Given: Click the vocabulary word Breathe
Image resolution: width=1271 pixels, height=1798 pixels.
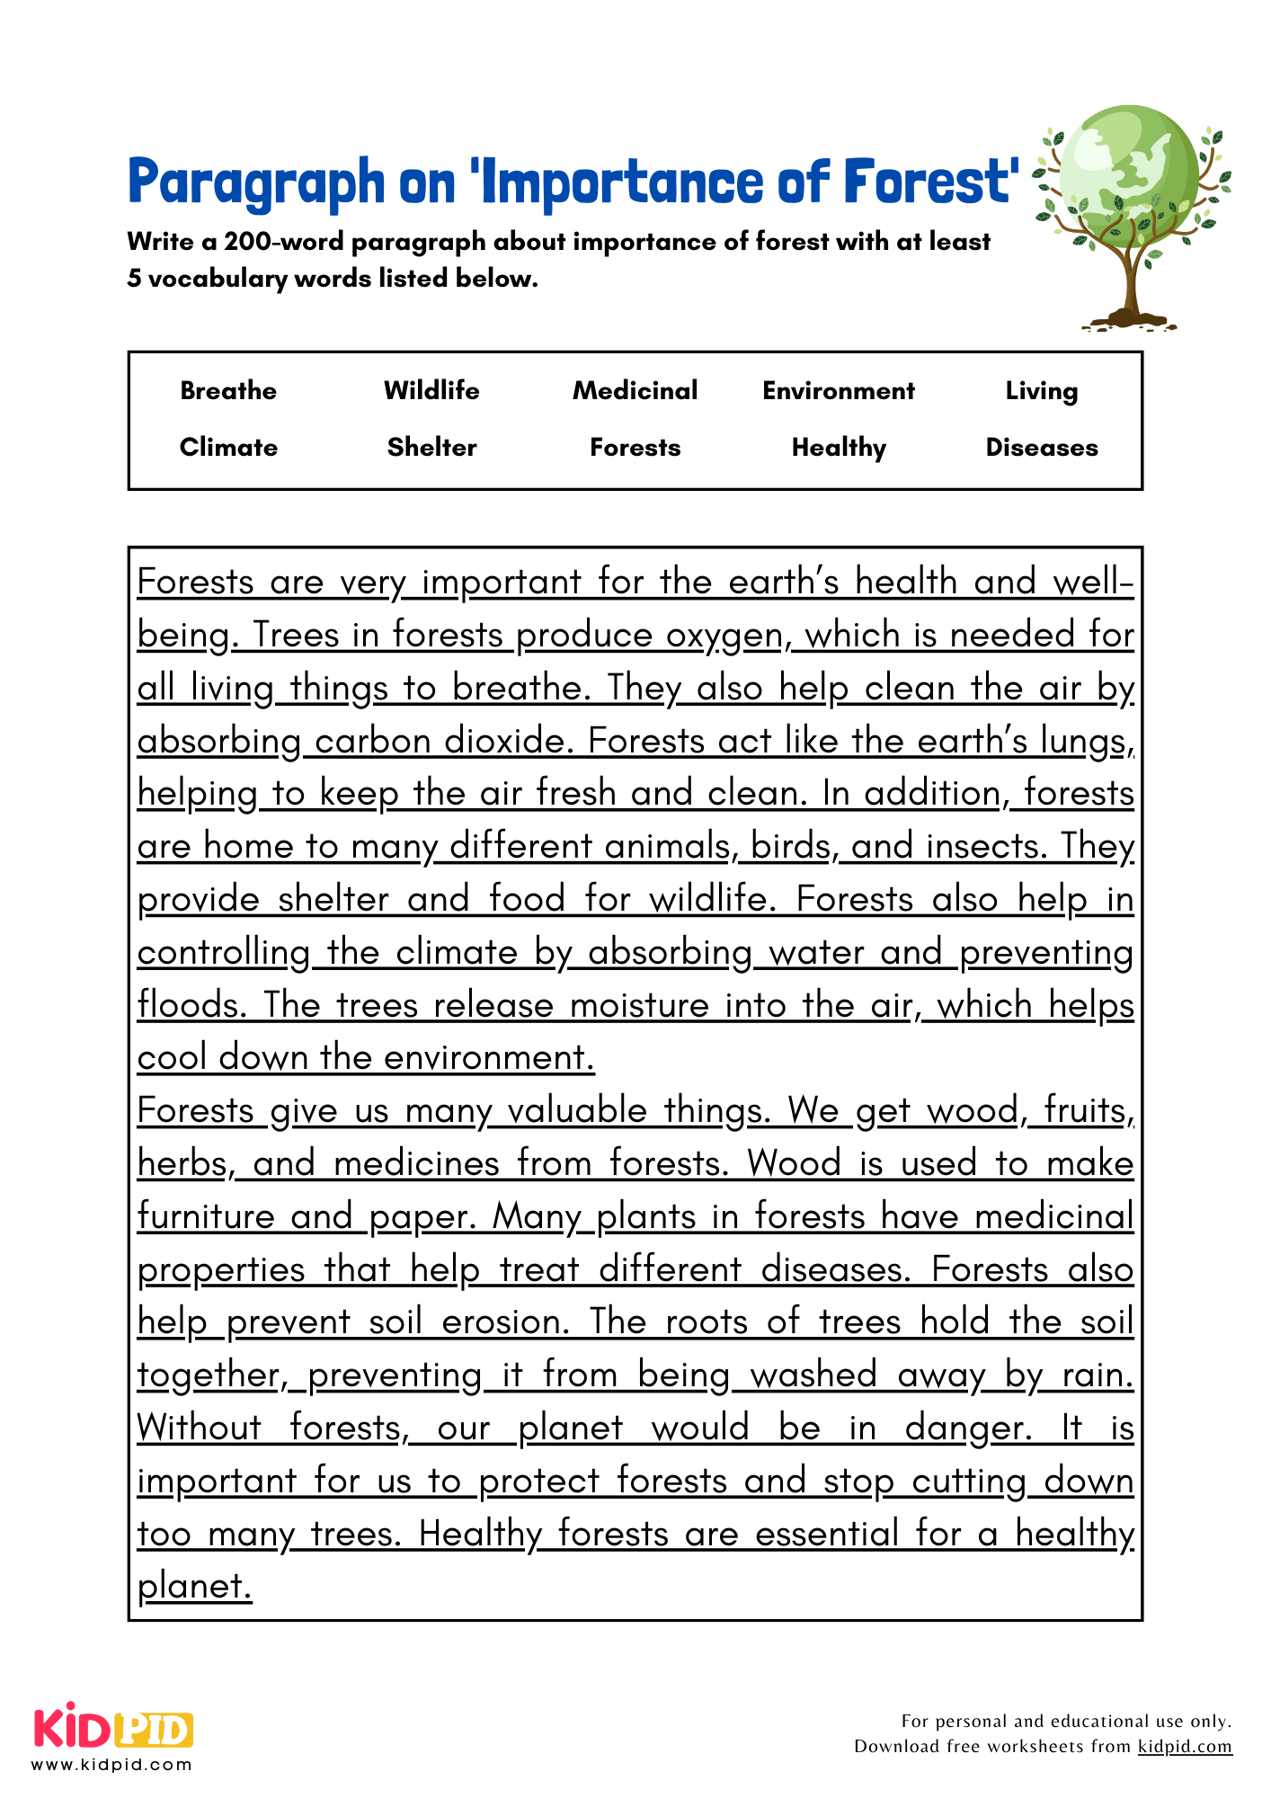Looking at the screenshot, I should point(228,391).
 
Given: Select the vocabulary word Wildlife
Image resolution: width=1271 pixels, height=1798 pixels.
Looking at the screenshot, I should point(431,391).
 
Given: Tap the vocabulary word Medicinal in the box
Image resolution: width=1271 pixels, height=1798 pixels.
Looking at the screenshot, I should point(635,391).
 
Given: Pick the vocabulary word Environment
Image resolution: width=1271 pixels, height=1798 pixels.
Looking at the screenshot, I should point(838,391).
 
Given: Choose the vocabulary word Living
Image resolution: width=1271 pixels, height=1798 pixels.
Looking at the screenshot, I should point(1041,392).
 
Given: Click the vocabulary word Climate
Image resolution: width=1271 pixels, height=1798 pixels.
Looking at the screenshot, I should point(228,448).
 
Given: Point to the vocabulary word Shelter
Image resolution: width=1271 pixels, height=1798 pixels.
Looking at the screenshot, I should point(431,448).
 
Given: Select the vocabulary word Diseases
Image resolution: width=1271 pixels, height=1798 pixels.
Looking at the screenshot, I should point(1041,448).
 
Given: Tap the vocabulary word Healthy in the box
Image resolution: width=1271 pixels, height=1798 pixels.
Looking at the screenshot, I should point(838,448).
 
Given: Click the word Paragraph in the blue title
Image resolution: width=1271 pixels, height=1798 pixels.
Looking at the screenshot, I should point(256,182).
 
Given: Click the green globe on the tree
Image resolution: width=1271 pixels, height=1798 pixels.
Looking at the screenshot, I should point(1128,171).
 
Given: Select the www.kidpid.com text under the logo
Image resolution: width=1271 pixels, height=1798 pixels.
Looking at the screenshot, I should point(112,1765).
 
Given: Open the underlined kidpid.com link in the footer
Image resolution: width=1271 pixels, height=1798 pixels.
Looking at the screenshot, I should point(1185,1747).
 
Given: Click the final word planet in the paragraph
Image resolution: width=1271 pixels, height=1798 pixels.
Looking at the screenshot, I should point(193,1587).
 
